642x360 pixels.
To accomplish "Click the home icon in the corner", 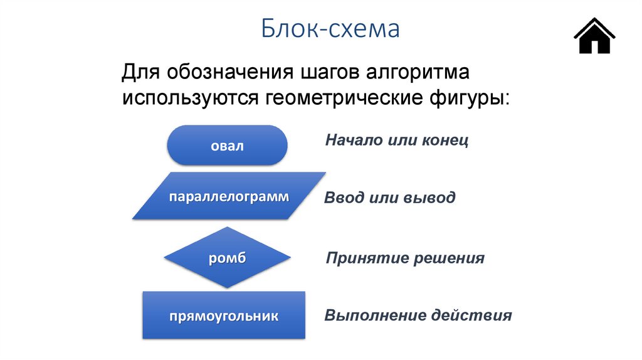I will pos(594,36).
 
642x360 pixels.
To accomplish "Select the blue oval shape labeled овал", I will pos(227,146).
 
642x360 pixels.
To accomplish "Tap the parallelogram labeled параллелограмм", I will pos(229,196).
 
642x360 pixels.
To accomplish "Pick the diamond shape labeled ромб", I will pos(227,258).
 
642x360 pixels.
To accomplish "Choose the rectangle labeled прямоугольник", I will pos(223,315).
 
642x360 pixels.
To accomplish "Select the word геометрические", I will pos(345,98).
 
